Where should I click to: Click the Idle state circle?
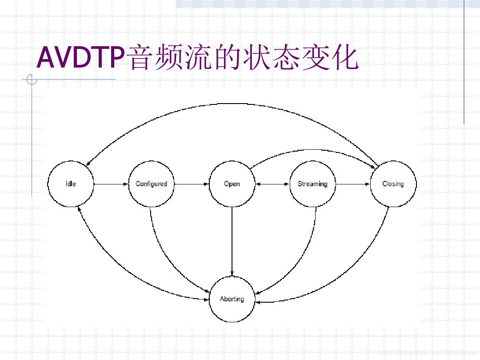[71, 184]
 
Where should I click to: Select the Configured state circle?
[151, 184]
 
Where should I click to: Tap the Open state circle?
[232, 184]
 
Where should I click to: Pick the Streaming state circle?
[312, 184]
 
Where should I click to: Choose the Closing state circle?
[393, 184]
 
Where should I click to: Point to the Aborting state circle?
[232, 299]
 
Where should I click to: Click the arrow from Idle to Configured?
[111, 184]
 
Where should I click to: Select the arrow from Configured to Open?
[192, 184]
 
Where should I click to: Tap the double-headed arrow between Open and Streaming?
[272, 184]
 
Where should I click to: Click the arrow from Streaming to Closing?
[353, 184]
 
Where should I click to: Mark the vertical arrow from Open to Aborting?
[232, 240]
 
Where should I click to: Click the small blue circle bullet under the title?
[32, 80]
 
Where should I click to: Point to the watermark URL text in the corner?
[427, 352]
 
